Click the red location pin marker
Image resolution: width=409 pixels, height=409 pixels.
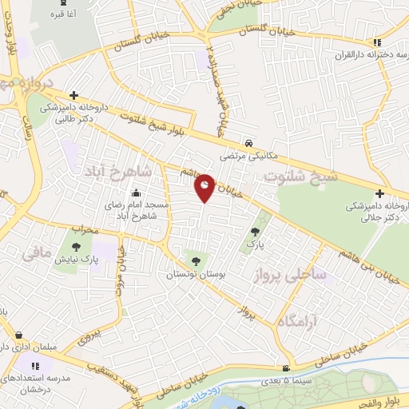point(205,188)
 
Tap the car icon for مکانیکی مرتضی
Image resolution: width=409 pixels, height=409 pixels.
point(250,143)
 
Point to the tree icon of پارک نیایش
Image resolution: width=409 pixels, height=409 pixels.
point(77,247)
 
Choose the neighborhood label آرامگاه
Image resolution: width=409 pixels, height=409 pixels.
point(310,321)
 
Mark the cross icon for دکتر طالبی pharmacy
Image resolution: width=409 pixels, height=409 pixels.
point(73,94)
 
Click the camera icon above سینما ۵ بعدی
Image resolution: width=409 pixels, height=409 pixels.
point(286,369)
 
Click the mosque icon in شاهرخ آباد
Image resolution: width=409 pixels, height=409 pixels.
point(137,193)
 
